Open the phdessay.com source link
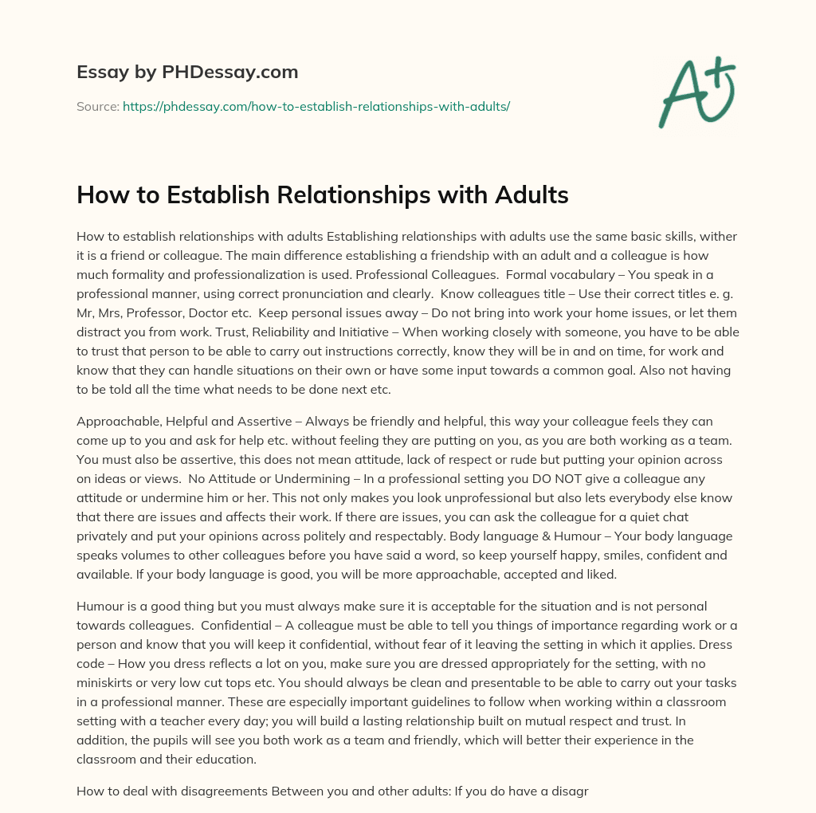316,105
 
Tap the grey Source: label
98,105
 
